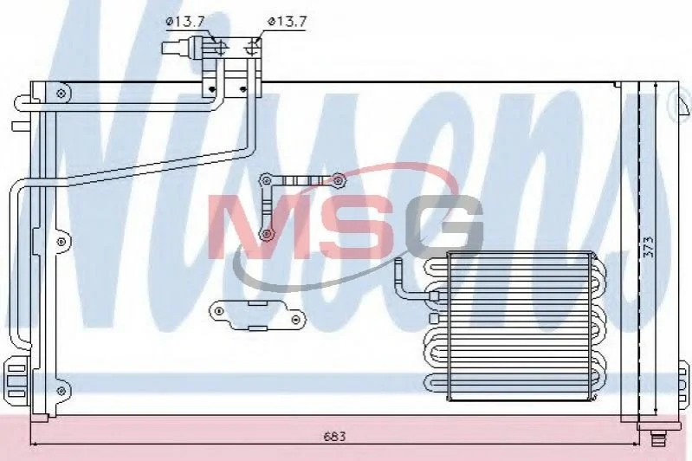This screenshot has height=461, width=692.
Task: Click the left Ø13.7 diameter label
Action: pyautogui.click(x=185, y=22)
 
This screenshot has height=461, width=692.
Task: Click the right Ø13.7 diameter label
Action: pyautogui.click(x=287, y=22)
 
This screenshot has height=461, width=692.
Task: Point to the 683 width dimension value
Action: pyautogui.click(x=335, y=437)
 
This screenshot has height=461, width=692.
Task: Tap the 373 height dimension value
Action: pyautogui.click(x=649, y=248)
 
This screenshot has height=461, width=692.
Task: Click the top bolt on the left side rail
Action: pyautogui.click(x=61, y=94)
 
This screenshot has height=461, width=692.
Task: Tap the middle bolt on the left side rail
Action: pyautogui.click(x=61, y=242)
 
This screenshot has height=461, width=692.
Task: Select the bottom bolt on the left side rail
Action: pyautogui.click(x=61, y=390)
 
